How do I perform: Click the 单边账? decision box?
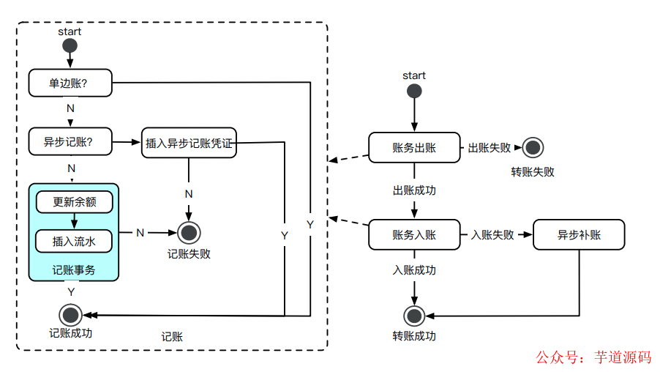[x=71, y=83]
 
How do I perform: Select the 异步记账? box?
[x=71, y=141]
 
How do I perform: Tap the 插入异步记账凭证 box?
[x=189, y=144]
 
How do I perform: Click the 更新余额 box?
[x=74, y=201]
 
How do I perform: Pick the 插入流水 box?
[x=74, y=240]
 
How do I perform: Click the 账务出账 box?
[x=414, y=147]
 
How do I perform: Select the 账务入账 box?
[x=414, y=234]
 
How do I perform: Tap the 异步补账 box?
[x=579, y=234]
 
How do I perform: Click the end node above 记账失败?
[x=190, y=233]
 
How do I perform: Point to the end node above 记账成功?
[x=71, y=315]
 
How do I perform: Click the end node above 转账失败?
[x=533, y=148]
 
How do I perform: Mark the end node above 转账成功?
[x=414, y=316]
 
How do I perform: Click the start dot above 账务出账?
[x=414, y=92]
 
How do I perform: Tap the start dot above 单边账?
[x=70, y=46]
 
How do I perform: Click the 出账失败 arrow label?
[x=489, y=148]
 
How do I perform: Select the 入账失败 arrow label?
[x=492, y=235]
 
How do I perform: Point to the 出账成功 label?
[x=414, y=190]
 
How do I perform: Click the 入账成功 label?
[x=414, y=270]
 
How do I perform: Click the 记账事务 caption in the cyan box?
[x=74, y=269]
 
